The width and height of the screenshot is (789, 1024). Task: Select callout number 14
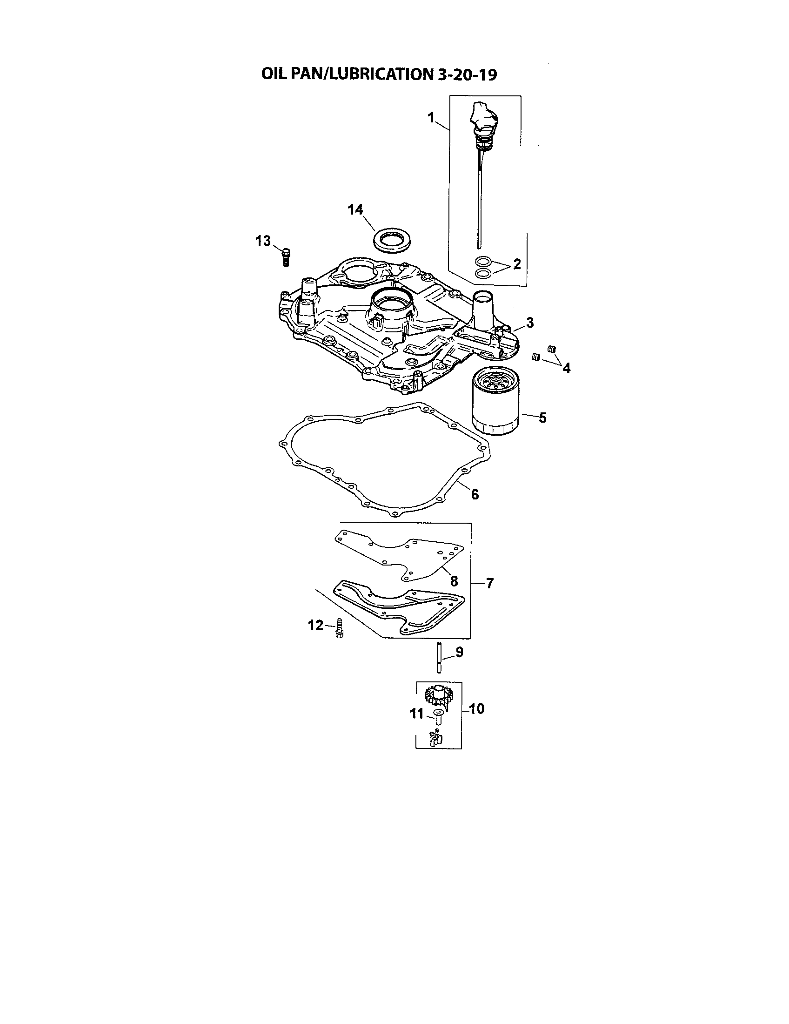click(355, 209)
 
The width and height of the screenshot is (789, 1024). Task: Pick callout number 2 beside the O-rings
click(517, 264)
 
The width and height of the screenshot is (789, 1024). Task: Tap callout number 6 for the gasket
click(475, 494)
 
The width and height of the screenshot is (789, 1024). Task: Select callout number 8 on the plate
click(454, 581)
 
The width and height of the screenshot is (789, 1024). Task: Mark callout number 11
click(416, 714)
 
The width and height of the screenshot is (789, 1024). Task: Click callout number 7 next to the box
click(489, 583)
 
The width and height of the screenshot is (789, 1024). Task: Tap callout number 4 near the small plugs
click(567, 369)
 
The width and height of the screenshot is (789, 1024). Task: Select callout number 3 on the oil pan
click(529, 323)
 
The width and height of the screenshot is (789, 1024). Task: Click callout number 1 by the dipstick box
click(431, 118)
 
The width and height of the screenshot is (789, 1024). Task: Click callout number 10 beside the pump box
click(476, 709)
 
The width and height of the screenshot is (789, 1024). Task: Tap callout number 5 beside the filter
click(542, 418)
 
